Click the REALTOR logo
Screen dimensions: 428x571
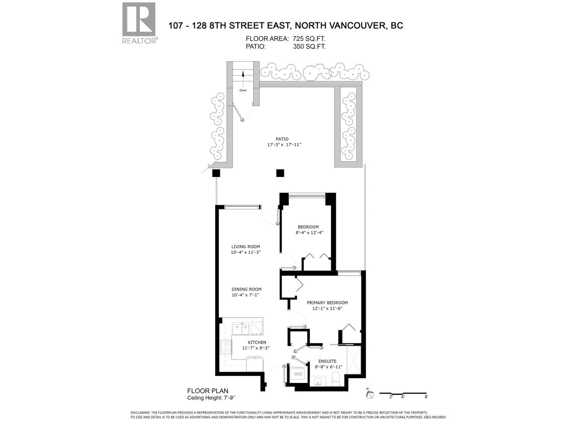click(x=139, y=22)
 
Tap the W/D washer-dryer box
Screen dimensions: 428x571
click(x=298, y=374)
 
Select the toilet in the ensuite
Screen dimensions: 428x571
click(x=335, y=379)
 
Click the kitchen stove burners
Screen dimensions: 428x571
click(x=226, y=347)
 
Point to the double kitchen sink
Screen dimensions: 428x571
click(x=241, y=328)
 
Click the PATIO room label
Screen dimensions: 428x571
click(x=282, y=139)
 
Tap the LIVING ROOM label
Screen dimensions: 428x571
click(x=246, y=246)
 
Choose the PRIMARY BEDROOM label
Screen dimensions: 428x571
click(x=327, y=303)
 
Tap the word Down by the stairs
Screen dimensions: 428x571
click(x=243, y=90)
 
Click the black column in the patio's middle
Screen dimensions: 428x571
click(x=280, y=173)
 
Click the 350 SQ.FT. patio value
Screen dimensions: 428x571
click(x=309, y=46)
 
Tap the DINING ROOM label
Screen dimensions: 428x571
click(x=247, y=289)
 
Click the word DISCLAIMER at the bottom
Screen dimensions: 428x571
click(x=142, y=412)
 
